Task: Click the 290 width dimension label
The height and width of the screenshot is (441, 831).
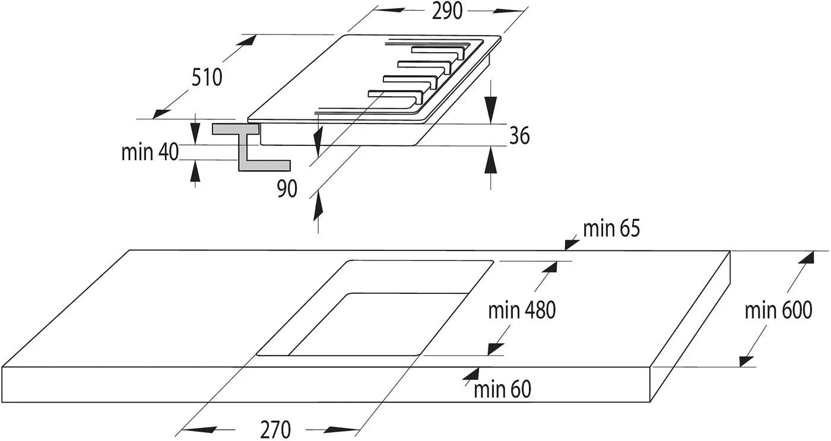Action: (447, 11)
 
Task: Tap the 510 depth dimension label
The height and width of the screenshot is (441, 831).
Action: (207, 78)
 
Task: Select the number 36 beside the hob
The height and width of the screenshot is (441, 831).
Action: (519, 135)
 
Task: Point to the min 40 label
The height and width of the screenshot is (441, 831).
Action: (150, 152)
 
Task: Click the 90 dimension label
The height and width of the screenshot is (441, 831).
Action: (287, 189)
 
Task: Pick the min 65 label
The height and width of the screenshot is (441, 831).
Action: (611, 229)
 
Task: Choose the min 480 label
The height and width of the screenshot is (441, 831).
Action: (522, 310)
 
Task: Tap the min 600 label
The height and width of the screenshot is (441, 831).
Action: (778, 310)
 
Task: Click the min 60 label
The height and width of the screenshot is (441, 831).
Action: (502, 389)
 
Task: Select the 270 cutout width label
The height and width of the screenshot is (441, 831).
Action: (275, 430)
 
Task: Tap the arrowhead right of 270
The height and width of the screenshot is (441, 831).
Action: (340, 430)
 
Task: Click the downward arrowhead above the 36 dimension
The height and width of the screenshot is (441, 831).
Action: (491, 108)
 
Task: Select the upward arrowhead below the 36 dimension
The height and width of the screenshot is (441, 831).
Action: (491, 160)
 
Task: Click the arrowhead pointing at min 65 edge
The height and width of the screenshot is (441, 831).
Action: (572, 245)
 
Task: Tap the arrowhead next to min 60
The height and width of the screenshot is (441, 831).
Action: (471, 373)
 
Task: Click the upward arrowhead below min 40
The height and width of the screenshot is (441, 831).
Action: (195, 172)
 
